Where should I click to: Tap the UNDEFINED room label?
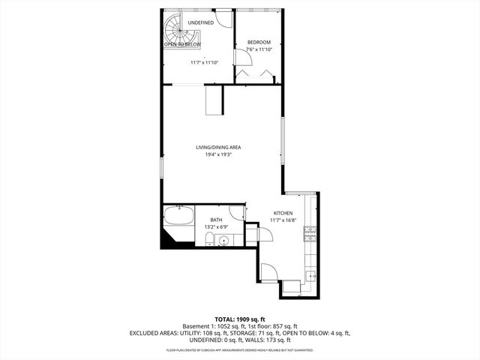tap(201, 23)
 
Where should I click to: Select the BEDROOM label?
tap(259, 42)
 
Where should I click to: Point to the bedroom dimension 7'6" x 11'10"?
tap(259, 49)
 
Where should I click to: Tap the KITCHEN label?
tap(283, 213)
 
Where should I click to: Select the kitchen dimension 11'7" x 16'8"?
tap(283, 220)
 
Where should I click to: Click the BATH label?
tap(216, 220)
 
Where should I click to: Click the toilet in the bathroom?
tap(208, 239)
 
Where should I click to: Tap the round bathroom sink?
tap(223, 241)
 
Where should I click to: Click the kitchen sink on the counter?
tap(311, 277)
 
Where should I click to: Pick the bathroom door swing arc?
tap(237, 212)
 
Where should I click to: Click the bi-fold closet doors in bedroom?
tap(256, 75)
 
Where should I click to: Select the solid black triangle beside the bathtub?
tap(167, 239)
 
